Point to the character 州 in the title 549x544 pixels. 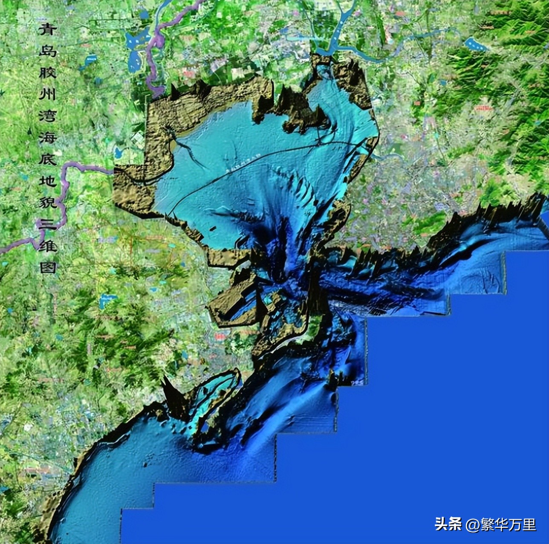tap(47, 94)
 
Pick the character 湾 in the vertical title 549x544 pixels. tap(47, 116)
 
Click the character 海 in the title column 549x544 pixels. tap(47, 137)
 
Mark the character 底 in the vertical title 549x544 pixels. tap(47, 159)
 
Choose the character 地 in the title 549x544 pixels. tap(47, 181)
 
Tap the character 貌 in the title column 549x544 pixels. tap(47, 203)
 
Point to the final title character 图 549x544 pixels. tap(47, 267)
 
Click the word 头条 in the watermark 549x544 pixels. tap(448, 524)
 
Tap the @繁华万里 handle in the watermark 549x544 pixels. tap(501, 524)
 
